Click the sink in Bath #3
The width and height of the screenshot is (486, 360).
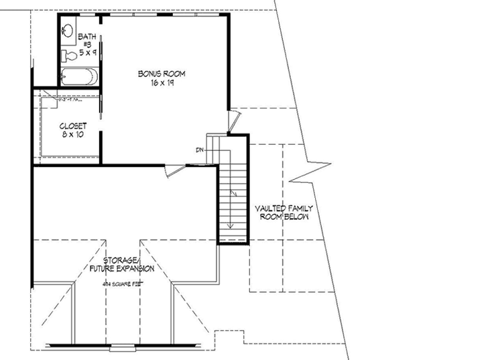click(67, 30)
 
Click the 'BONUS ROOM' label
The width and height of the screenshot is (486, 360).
click(161, 73)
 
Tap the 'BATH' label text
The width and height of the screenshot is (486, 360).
click(86, 36)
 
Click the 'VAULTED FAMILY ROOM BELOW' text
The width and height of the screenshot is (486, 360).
click(284, 213)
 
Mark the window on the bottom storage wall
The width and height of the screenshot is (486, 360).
click(122, 347)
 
